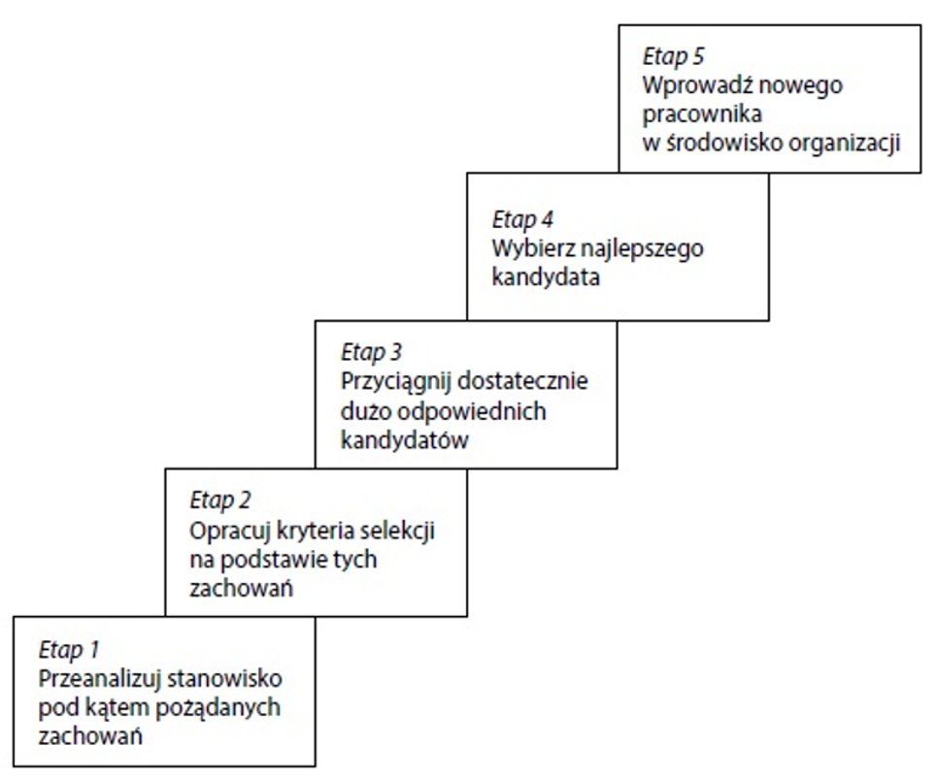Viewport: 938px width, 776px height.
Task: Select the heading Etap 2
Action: [x=219, y=501]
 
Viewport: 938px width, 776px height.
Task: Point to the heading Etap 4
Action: [x=522, y=217]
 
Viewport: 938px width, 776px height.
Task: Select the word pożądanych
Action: [x=227, y=706]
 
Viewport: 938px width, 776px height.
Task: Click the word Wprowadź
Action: [x=691, y=84]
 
